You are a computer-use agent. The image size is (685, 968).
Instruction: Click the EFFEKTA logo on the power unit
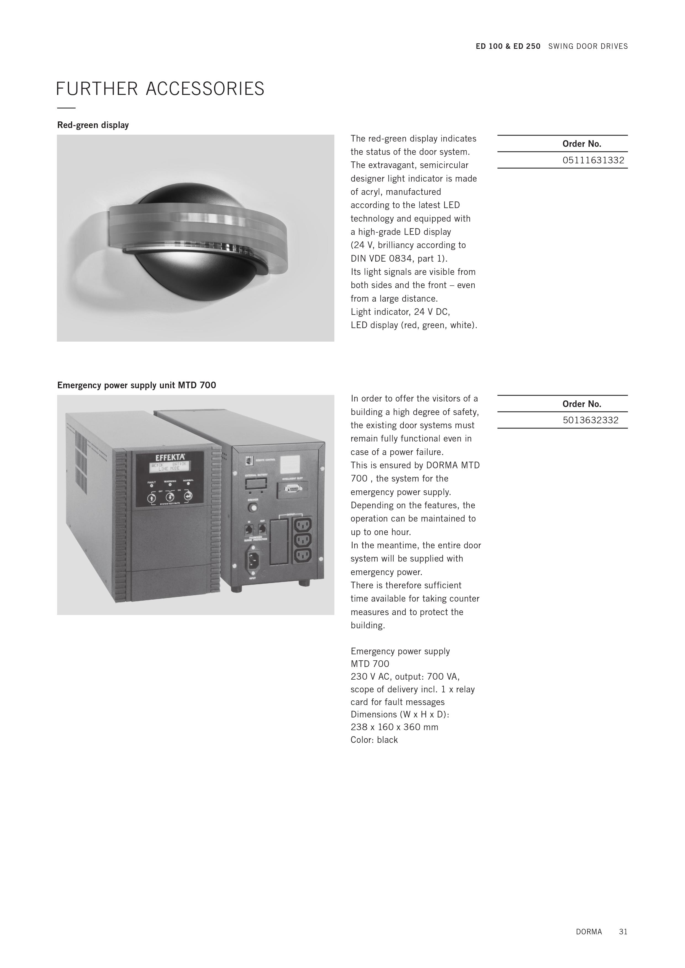(170, 458)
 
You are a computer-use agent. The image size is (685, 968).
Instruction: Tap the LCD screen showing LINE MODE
(170, 466)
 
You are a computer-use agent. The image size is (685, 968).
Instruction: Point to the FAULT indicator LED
(151, 486)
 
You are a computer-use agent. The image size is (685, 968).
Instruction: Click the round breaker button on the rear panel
(253, 508)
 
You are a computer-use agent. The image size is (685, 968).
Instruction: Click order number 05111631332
(593, 160)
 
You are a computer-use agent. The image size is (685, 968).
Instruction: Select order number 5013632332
(591, 420)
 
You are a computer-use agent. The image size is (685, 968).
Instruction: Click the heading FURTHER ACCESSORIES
(160, 89)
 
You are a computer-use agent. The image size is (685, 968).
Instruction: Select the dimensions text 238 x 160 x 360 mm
(394, 727)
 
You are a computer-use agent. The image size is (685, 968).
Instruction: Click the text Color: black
(374, 740)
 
